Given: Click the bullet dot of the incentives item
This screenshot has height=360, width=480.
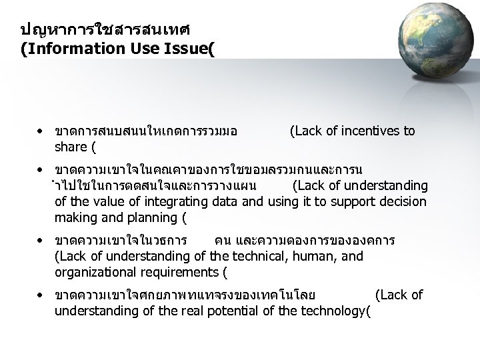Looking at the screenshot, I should pos(41,131).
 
